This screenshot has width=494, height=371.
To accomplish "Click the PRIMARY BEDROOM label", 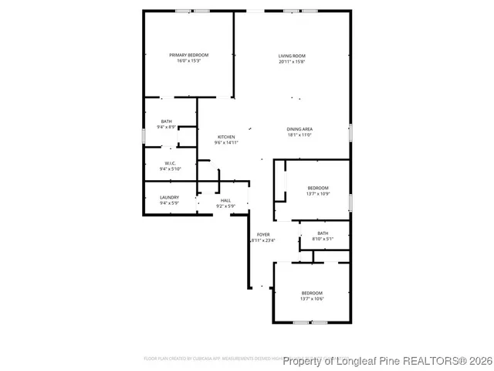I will click(189, 55).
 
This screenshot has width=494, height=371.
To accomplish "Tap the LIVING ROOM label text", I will click(293, 56).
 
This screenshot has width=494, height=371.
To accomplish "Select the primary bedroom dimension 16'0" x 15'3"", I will click(189, 61).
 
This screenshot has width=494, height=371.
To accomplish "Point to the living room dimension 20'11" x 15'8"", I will click(293, 62).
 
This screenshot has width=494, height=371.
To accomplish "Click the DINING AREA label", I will click(299, 129).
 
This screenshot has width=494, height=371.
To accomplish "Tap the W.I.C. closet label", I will click(170, 163).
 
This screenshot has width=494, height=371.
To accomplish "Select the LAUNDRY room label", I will click(170, 197).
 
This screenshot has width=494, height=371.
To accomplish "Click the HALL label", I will click(225, 200).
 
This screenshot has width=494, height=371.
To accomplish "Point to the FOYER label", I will click(263, 234).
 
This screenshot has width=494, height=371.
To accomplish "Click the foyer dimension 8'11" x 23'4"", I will click(263, 240).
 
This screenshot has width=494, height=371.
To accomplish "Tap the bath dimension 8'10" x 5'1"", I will click(323, 239).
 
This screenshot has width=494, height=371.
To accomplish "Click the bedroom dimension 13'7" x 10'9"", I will click(318, 194).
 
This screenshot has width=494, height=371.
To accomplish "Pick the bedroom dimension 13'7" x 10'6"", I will click(312, 298).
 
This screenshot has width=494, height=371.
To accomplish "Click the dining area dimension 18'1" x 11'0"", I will click(299, 135).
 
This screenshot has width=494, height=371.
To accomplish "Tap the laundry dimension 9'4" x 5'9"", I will click(170, 203).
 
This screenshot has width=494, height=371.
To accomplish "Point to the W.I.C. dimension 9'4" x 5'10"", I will click(170, 169).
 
